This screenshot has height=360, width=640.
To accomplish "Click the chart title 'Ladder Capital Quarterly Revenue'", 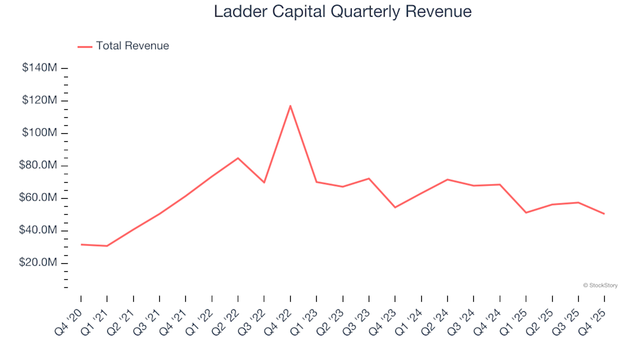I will coord(343,11).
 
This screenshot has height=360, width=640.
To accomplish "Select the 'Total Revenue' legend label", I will coord(132,46).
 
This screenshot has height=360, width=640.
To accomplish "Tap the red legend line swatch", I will coord(85,47).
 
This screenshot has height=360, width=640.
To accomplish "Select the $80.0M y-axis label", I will coord(39,165).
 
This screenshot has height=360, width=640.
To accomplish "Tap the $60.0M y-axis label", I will coord(39,198).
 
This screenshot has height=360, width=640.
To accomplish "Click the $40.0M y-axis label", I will coord(39,231).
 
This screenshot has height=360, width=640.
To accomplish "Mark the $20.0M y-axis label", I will coord(39,263).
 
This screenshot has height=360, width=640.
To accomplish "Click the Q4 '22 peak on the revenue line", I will coord(290,105).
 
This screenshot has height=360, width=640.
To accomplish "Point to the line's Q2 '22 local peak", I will coord(238,158).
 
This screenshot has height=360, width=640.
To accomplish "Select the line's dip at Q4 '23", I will coord(395,207).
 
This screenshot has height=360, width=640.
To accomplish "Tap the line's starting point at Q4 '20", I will coord(81,245).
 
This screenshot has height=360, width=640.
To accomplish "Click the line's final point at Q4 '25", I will coord(604,214).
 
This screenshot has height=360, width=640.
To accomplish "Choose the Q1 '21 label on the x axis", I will coord(96,317).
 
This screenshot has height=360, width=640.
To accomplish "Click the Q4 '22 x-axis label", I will coord(279,317).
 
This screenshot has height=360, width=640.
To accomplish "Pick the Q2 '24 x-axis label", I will coord(436,317).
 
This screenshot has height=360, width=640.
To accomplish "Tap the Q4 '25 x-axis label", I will coord(593,317).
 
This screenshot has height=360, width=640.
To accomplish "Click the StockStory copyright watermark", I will coord(600,285).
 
